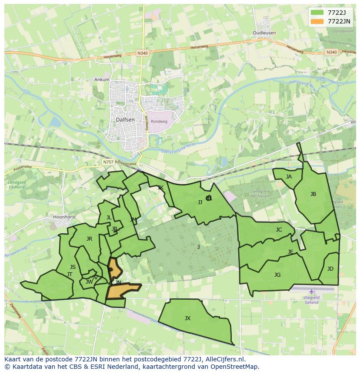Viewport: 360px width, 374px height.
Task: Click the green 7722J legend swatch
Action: pyautogui.click(x=317, y=13)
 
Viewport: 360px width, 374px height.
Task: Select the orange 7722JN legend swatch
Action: pyautogui.click(x=317, y=21)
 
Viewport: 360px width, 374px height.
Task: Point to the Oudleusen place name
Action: pyautogui.click(x=264, y=33)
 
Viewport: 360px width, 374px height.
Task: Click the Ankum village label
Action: pyautogui.click(x=102, y=79)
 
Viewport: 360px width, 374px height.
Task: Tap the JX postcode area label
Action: pyautogui.click(x=187, y=318)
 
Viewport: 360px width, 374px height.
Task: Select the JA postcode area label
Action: pyautogui.click(x=289, y=177)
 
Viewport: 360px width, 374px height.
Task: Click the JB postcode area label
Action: pyautogui.click(x=313, y=194)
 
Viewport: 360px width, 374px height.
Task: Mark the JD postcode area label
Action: pyautogui.click(x=330, y=269)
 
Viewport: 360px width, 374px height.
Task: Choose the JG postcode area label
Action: pyautogui.click(x=277, y=275)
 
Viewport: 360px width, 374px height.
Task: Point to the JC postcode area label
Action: pyautogui.click(x=279, y=230)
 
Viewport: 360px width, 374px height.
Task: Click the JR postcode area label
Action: pyautogui.click(x=89, y=239)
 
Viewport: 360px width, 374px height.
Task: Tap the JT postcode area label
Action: pyautogui.click(x=70, y=275)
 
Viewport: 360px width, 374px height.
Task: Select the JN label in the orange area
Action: pyautogui.click(x=118, y=282)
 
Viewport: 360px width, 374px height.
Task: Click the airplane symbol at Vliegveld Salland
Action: pyautogui.click(x=311, y=291)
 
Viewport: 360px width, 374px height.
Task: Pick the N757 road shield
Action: pyautogui.click(x=108, y=162)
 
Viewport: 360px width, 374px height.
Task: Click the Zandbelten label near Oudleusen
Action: pyautogui.click(x=343, y=32)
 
